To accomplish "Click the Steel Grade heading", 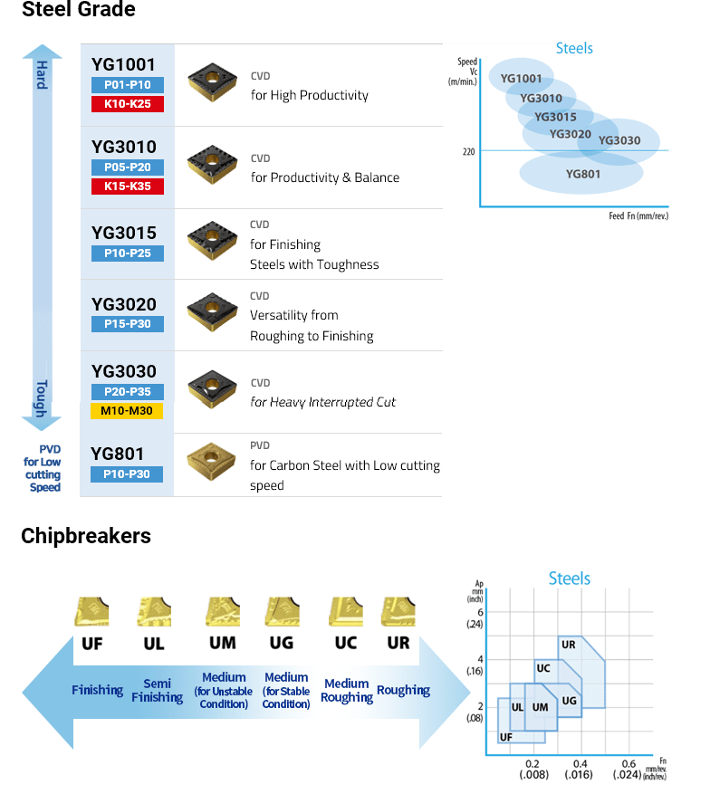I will tap(78, 11).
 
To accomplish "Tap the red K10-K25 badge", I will tap(128, 104).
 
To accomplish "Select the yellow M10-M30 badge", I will tap(128, 411).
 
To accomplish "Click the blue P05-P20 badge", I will tap(128, 167).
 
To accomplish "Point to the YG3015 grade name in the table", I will tap(124, 233).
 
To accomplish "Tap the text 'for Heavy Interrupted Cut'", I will tap(323, 402).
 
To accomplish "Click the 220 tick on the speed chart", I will tap(468, 151).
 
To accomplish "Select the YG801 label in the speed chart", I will tap(583, 174).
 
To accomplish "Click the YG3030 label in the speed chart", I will tap(619, 140).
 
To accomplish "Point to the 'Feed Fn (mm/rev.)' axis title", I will tap(638, 216).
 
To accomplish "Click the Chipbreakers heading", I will tap(86, 536).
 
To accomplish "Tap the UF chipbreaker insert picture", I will tap(92, 611).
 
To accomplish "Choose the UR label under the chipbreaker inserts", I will tap(398, 643).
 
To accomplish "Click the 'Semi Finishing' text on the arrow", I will tap(157, 691).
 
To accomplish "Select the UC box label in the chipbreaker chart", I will tap(543, 669).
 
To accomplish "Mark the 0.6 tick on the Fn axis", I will tap(629, 763).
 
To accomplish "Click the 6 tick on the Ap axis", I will tap(481, 612).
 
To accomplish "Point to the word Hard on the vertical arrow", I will tap(42, 75).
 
